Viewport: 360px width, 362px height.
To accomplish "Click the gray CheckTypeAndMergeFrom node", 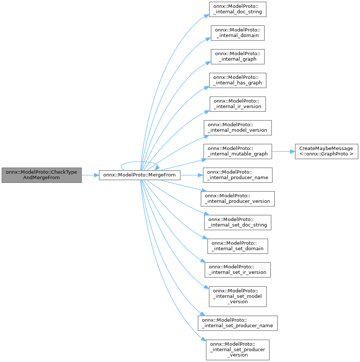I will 41,175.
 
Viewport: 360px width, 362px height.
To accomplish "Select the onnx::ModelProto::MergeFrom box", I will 140,175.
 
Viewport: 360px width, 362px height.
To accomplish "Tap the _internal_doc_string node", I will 237,9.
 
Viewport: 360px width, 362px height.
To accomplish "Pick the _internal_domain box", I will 237,33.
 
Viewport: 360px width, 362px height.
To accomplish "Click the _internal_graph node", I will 237,56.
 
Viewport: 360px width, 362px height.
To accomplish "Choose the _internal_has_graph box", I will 237,80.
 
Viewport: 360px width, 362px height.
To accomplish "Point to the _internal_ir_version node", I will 237,104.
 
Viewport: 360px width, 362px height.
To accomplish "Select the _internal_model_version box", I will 237,127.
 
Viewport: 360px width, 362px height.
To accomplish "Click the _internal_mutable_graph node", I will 237,151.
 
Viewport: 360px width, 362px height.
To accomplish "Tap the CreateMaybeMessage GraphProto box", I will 326,151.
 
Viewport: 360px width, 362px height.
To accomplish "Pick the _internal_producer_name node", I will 237,175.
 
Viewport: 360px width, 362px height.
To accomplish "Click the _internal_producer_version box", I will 237,198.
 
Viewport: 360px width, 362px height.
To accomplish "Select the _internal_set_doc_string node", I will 237,222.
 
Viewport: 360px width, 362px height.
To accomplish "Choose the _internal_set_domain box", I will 237,246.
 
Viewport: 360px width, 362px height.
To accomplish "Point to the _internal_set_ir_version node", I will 237,269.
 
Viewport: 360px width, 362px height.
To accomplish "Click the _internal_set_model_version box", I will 237,296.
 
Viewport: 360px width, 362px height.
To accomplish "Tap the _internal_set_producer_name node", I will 237,323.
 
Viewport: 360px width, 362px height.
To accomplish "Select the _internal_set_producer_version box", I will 237,349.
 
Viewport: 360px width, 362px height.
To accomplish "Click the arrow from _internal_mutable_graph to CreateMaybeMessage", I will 283,151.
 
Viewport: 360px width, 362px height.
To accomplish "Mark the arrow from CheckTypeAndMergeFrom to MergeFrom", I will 90,175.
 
